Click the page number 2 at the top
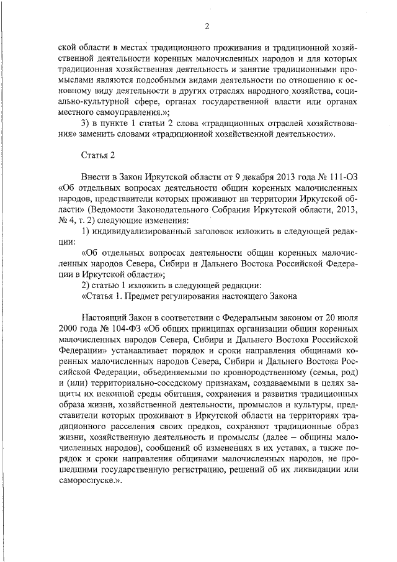tap(207, 25)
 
